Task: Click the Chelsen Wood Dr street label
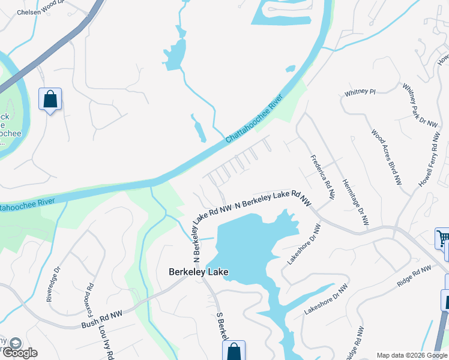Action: pyautogui.click(x=40, y=7)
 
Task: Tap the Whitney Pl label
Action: pyautogui.click(x=360, y=92)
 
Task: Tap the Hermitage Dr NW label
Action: pyautogui.click(x=355, y=202)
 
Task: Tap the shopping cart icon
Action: pyautogui.click(x=444, y=239)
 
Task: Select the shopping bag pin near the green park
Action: pyautogui.click(x=50, y=99)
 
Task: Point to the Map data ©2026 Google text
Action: pyautogui.click(x=411, y=355)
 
